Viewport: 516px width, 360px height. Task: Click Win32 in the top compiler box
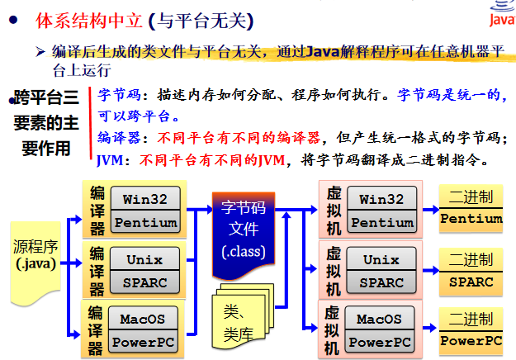pyautogui.click(x=145, y=199)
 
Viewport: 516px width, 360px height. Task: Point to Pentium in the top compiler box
pyautogui.click(x=145, y=222)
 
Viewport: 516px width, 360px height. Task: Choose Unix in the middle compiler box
pyautogui.click(x=145, y=259)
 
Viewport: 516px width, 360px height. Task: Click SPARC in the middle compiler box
pyautogui.click(x=145, y=282)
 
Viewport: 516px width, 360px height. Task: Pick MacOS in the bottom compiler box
pyautogui.click(x=145, y=319)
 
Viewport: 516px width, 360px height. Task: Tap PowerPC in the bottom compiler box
pyautogui.click(x=145, y=342)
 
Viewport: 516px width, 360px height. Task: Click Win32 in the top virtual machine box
pyautogui.click(x=381, y=199)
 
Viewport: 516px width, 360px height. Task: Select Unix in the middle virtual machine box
pyautogui.click(x=381, y=259)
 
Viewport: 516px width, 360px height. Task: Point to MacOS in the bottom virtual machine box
pyautogui.click(x=381, y=319)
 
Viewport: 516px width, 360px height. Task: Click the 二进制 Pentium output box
pyautogui.click(x=471, y=208)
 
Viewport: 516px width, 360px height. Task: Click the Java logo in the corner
pyautogui.click(x=500, y=15)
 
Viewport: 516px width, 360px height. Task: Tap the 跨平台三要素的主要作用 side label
pyautogui.click(x=47, y=124)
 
